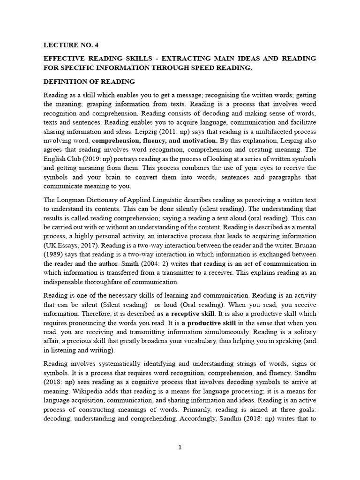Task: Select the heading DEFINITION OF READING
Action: tap(89, 81)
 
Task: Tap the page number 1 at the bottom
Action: tap(180, 447)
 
